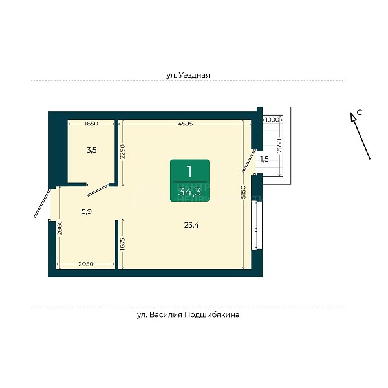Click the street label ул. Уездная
pyautogui.click(x=188, y=75)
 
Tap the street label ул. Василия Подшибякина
pyautogui.click(x=188, y=314)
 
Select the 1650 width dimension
pyautogui.click(x=91, y=124)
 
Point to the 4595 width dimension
pyautogui.click(x=186, y=124)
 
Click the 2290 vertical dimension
pyautogui.click(x=123, y=151)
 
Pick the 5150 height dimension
pyautogui.click(x=244, y=191)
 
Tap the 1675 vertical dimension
pyautogui.click(x=123, y=244)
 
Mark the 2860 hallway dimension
pyautogui.click(x=60, y=228)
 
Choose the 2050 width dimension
pyautogui.click(x=86, y=264)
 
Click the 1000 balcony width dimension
pyautogui.click(x=272, y=120)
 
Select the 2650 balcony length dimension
pyautogui.click(x=279, y=145)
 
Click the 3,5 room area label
pyautogui.click(x=92, y=150)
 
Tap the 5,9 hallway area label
pyautogui.click(x=87, y=211)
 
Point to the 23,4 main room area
pyautogui.click(x=191, y=225)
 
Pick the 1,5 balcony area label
pyautogui.click(x=264, y=159)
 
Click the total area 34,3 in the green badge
pyautogui.click(x=189, y=191)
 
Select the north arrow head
pyautogui.click(x=353, y=117)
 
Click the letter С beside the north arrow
pyautogui.click(x=360, y=113)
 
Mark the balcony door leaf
pyautogui.click(x=249, y=161)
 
